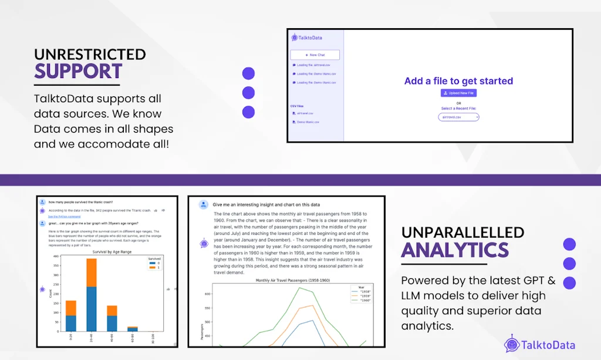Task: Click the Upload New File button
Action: [x=458, y=93]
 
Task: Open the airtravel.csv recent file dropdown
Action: [x=458, y=117]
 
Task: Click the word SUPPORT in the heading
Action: [x=78, y=71]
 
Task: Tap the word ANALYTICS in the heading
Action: [x=455, y=250]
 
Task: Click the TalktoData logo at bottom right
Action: [x=540, y=345]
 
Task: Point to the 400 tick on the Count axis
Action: [x=56, y=257]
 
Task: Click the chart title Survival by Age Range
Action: [x=112, y=252]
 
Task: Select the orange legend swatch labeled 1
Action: [x=153, y=268]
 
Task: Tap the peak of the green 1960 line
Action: [x=300, y=287]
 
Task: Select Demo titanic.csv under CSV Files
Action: [x=308, y=122]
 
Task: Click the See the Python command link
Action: [x=65, y=216]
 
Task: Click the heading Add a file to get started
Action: [x=458, y=81]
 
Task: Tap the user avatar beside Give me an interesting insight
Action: [x=203, y=204]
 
